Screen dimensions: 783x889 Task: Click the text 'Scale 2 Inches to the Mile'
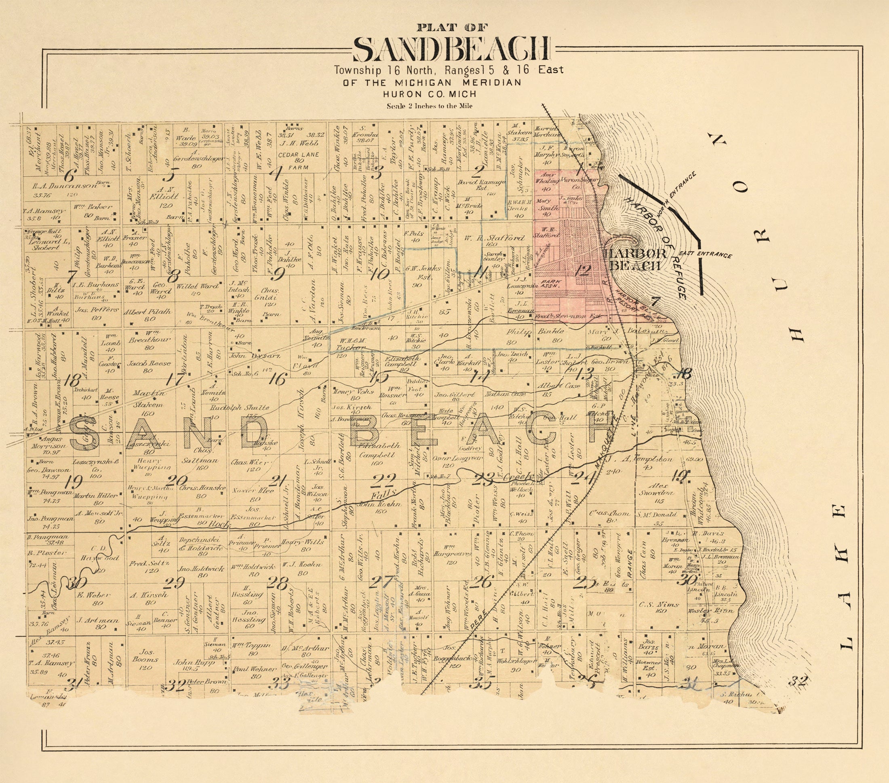tap(429, 106)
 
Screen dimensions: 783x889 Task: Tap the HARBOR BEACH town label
tap(634, 259)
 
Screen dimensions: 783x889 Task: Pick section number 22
tap(383, 480)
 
